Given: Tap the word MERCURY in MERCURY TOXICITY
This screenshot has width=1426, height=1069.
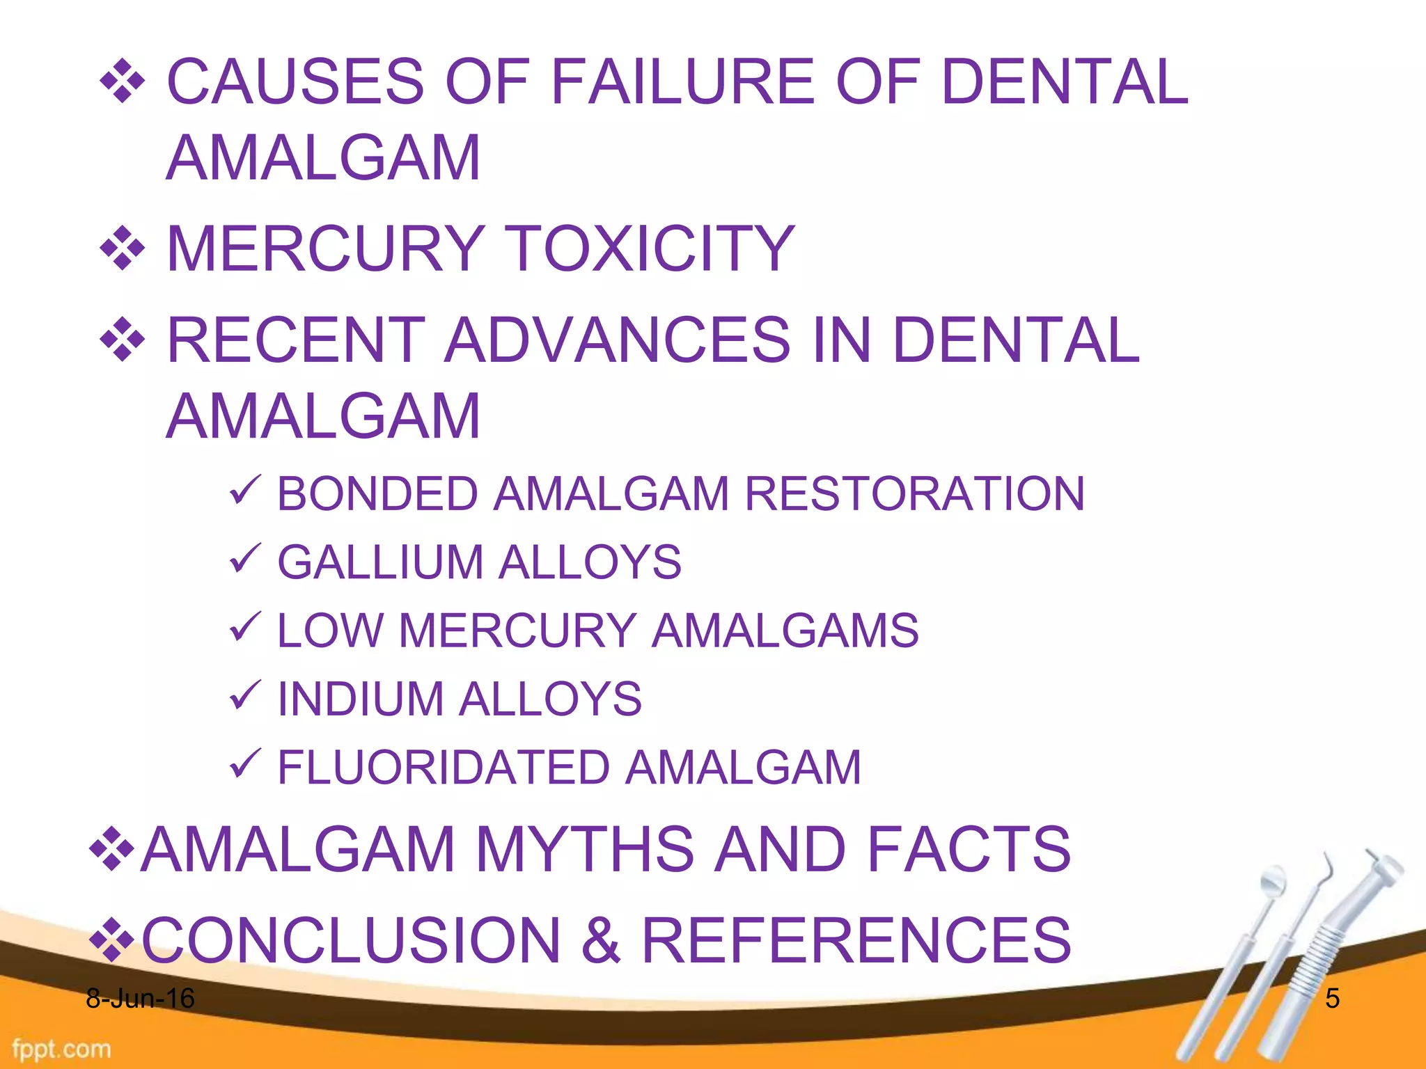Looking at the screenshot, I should (x=326, y=248).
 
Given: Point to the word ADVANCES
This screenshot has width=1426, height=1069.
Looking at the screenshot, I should (x=617, y=340).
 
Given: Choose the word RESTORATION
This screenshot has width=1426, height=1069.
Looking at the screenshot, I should (x=914, y=493).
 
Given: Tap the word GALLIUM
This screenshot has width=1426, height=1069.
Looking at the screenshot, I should (x=380, y=562).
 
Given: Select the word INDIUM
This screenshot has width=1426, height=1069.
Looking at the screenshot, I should (x=361, y=699).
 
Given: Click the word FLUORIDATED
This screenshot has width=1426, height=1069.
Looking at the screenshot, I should (x=444, y=767).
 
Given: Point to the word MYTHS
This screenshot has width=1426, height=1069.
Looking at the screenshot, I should (x=584, y=849).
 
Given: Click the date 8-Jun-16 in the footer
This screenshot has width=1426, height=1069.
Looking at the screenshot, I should (x=140, y=999).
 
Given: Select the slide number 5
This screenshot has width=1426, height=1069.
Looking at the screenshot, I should (x=1332, y=999).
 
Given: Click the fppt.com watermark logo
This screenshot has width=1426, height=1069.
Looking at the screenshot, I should (x=61, y=1048).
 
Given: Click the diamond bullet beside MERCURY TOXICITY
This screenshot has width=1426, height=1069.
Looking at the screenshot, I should (x=123, y=248).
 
